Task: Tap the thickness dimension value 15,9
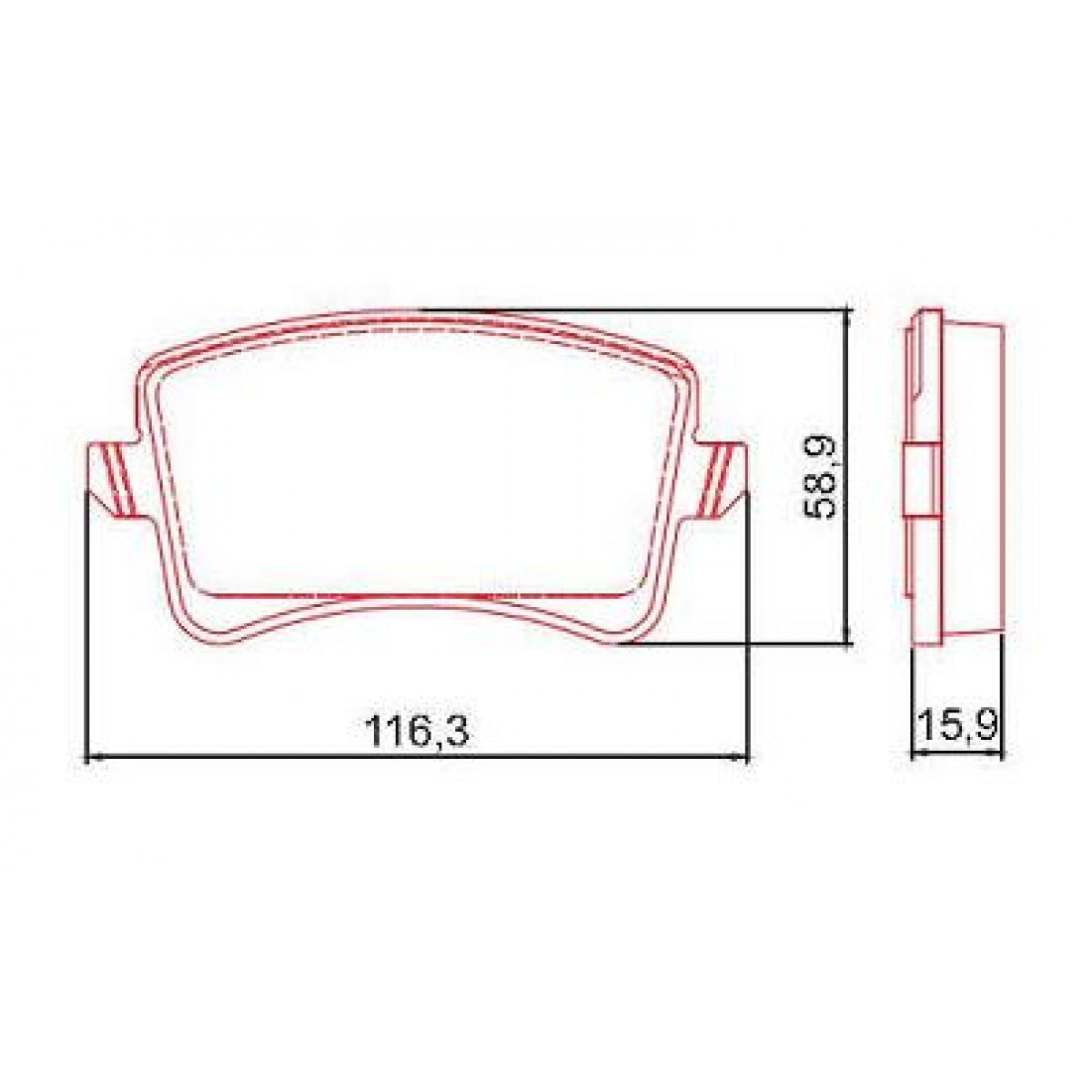point(957,726)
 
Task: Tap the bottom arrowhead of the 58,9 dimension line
point(848,641)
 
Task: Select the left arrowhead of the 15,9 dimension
point(916,753)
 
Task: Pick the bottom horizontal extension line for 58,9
point(737,647)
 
